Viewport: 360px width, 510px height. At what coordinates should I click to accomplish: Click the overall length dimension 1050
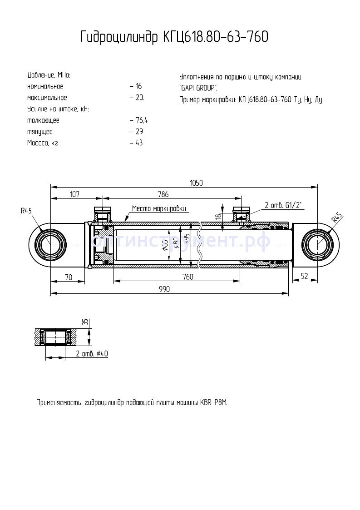click(196, 183)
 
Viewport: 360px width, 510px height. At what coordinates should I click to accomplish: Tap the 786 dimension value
click(163, 194)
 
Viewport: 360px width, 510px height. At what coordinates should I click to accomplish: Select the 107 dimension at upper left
click(74, 194)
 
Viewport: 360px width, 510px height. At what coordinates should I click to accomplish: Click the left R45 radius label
click(26, 211)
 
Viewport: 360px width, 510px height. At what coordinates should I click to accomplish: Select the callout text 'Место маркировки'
click(159, 208)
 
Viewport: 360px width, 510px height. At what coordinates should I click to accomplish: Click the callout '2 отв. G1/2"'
click(284, 205)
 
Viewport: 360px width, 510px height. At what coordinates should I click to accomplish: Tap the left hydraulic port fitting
click(102, 212)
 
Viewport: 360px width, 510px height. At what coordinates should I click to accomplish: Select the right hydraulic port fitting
click(241, 212)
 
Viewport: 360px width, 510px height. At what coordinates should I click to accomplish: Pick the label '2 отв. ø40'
click(92, 354)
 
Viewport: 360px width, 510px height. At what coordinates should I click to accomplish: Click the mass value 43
click(139, 143)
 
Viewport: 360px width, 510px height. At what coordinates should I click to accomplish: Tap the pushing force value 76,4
click(141, 120)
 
